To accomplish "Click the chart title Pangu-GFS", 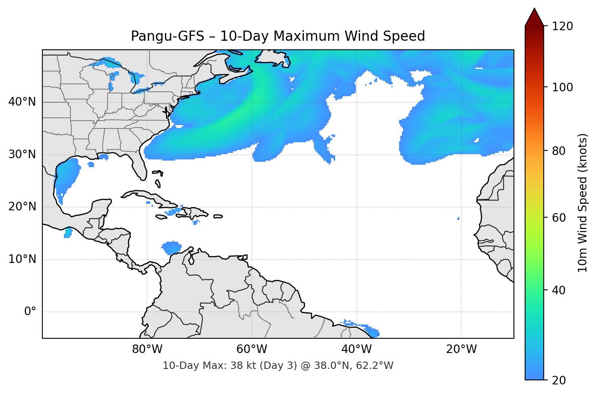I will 278,36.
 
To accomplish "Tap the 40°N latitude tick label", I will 22,102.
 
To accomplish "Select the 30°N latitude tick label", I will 22,154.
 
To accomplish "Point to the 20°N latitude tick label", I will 22,207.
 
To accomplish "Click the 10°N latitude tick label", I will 22,259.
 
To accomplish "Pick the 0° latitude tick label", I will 30,312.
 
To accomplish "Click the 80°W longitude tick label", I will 147,349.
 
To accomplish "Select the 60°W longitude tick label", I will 252,349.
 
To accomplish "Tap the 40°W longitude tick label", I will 356,349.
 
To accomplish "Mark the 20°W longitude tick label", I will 461,349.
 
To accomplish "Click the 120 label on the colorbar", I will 562,26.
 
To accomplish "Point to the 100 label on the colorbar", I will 562,87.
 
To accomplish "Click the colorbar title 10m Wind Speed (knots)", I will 583,203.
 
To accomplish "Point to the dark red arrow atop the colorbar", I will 534,17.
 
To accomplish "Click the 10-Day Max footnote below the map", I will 278,366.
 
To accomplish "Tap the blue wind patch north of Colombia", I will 171,247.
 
